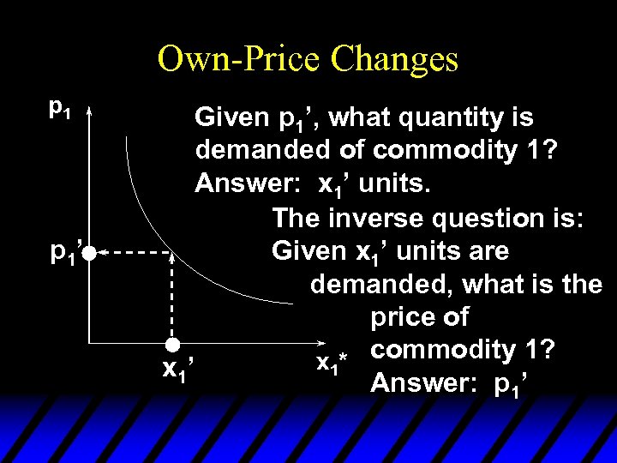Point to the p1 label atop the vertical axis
(59, 109)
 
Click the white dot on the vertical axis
(89, 253)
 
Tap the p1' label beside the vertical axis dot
(65, 253)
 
